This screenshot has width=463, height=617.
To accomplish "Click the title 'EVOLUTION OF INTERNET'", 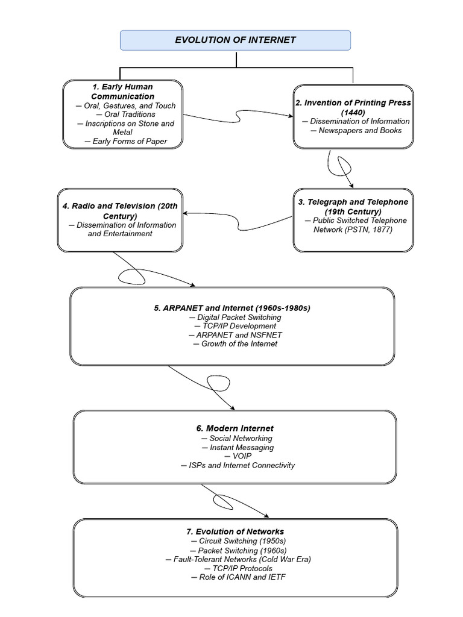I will (x=235, y=40).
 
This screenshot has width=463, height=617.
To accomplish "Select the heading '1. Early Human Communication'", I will (x=123, y=92).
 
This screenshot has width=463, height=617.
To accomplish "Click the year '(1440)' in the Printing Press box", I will (x=353, y=112).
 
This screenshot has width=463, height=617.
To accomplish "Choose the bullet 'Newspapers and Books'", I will (x=356, y=130).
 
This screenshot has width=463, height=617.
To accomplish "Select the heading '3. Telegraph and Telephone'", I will (x=353, y=202).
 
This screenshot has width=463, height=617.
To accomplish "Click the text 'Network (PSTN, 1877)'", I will (x=352, y=230).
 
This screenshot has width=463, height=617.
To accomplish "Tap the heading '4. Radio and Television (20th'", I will (x=120, y=206).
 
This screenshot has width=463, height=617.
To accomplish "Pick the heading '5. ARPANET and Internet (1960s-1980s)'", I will (x=232, y=308).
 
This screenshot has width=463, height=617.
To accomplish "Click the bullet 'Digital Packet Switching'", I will (x=235, y=317).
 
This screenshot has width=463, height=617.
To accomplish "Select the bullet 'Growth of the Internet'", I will (x=235, y=343).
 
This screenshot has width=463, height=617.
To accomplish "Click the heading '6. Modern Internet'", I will (x=235, y=428).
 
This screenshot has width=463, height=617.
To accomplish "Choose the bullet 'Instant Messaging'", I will (x=237, y=447).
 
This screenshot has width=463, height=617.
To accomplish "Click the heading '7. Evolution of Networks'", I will (x=235, y=531).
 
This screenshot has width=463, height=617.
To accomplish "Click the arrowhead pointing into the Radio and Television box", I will (x=186, y=213).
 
